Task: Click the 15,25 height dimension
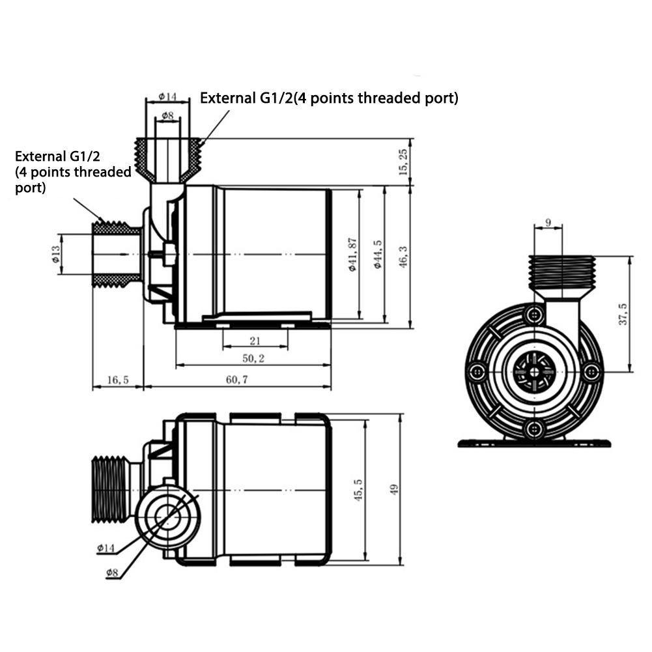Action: [x=403, y=162]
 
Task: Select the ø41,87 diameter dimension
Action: [x=353, y=254]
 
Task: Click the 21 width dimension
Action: [x=255, y=341]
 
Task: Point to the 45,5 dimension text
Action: [x=358, y=489]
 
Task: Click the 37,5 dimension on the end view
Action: [x=623, y=314]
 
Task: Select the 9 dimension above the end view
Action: [x=548, y=223]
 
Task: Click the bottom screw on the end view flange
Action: [x=534, y=428]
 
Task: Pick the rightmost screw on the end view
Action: [x=590, y=372]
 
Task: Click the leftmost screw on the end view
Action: [x=477, y=372]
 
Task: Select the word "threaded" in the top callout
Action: [x=377, y=98]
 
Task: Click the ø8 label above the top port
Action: [x=167, y=116]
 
